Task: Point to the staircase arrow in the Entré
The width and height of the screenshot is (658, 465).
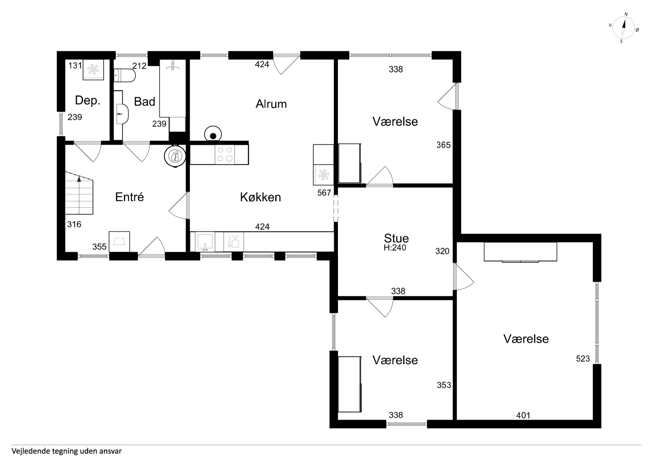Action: pyautogui.click(x=79, y=179)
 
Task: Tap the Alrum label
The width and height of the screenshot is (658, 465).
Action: pyautogui.click(x=271, y=104)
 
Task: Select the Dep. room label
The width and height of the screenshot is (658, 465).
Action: pyautogui.click(x=88, y=100)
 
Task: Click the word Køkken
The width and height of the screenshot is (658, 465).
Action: pyautogui.click(x=260, y=197)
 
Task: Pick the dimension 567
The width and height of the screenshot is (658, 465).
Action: pyautogui.click(x=324, y=193)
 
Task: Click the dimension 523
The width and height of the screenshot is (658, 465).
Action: pyautogui.click(x=583, y=358)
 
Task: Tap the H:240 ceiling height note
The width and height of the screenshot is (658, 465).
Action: pyautogui.click(x=395, y=248)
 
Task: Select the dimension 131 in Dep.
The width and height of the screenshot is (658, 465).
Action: pyautogui.click(x=75, y=66)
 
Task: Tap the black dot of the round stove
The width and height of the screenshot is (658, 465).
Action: pyautogui.click(x=213, y=136)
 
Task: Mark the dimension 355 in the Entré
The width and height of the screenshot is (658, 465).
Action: pyautogui.click(x=100, y=247)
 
